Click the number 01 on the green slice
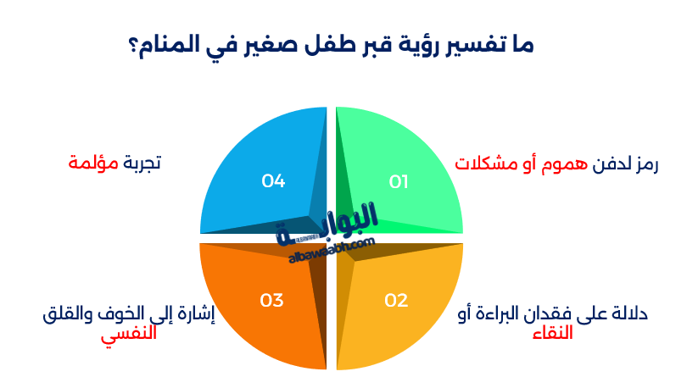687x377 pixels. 399,181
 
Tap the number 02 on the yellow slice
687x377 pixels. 397,301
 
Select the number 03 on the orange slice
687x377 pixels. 271,301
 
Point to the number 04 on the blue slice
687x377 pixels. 273,180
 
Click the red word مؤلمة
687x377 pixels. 93,163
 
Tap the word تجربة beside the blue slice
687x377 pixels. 142,163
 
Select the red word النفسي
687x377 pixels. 129,335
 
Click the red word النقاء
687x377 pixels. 553,334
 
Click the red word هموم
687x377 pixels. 564,164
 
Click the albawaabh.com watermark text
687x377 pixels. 332,250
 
